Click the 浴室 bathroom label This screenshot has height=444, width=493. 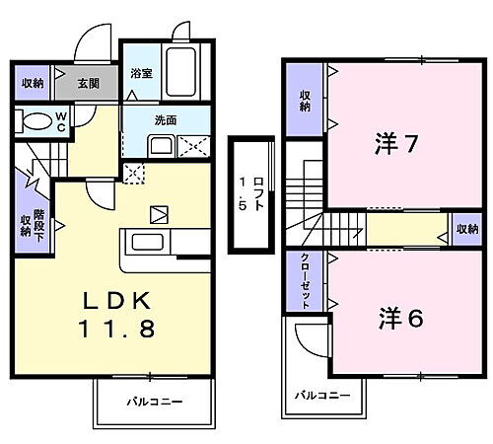pyautogui.click(x=139, y=73)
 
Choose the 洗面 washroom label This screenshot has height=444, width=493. pyautogui.click(x=165, y=120)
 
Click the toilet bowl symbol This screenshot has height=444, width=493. pyautogui.click(x=35, y=122)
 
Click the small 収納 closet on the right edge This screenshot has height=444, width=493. pyautogui.click(x=466, y=228)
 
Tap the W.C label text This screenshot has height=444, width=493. pyautogui.click(x=60, y=122)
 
